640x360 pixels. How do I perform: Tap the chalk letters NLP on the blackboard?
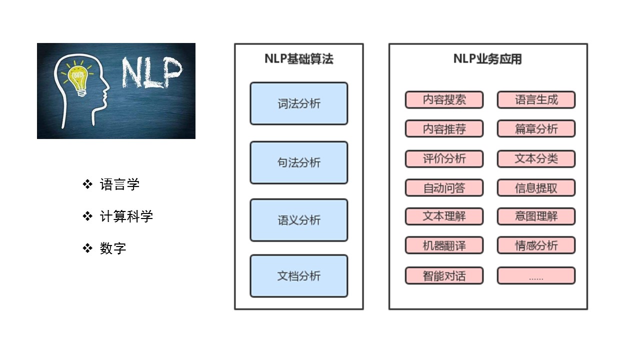(151, 73)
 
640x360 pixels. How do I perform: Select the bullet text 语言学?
(119, 184)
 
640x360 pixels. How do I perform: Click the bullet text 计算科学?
(126, 216)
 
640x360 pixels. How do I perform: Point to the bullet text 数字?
(113, 248)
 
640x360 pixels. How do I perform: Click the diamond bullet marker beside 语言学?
(87, 184)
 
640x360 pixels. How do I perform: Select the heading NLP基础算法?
(299, 59)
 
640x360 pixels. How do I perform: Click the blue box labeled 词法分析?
(299, 103)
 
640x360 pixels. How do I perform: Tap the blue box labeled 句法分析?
(299, 162)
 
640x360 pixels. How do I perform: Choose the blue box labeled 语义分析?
(299, 220)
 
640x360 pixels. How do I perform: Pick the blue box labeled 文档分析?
(299, 276)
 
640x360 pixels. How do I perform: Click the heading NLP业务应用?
(487, 59)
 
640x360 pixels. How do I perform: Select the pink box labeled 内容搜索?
(444, 99)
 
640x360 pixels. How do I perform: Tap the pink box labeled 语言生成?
(536, 99)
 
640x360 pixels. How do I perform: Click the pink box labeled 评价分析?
(444, 158)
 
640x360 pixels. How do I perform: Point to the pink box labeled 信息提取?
(536, 187)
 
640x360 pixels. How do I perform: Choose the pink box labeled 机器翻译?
(444, 245)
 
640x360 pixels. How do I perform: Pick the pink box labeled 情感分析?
(536, 245)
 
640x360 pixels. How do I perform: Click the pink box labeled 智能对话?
(444, 275)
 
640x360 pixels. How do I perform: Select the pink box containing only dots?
(536, 275)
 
